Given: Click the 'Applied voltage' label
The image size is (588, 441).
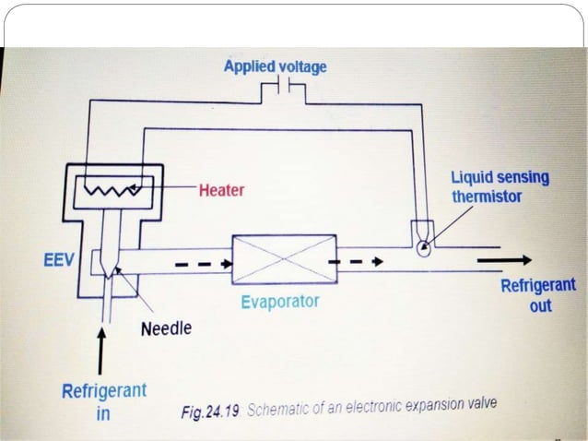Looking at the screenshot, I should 275,67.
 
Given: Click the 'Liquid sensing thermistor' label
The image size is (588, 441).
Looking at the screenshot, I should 500,185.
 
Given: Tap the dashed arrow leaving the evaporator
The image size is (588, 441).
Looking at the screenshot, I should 358,261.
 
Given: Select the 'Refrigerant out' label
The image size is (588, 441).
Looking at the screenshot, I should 537,294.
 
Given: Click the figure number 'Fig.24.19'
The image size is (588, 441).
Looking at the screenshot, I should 211,410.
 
